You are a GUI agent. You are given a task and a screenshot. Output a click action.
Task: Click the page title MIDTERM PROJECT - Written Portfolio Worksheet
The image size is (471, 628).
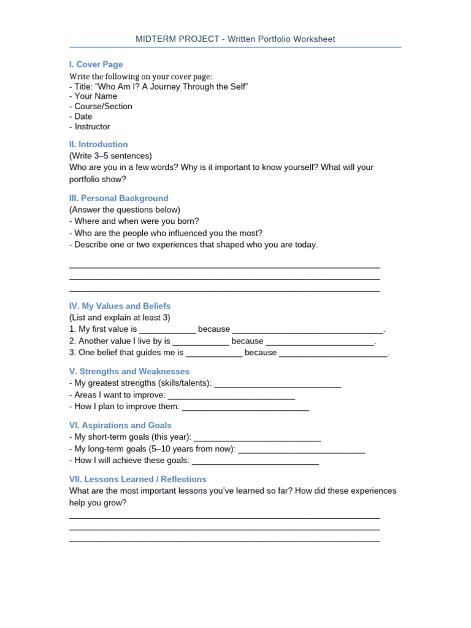click(235, 39)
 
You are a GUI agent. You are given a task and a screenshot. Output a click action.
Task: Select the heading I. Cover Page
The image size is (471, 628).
click(96, 64)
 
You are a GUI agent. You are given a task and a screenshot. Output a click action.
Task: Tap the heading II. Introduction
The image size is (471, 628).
click(98, 145)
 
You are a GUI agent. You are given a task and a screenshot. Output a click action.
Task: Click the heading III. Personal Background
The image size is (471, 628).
click(118, 199)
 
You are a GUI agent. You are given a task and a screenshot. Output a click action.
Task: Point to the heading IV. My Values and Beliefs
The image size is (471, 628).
click(120, 306)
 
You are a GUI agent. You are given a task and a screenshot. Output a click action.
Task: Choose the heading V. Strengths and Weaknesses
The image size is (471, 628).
click(129, 372)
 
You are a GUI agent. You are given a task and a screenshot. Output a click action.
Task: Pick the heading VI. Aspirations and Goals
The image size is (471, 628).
click(120, 426)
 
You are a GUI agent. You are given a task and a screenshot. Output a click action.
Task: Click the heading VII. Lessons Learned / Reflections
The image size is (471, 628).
click(137, 480)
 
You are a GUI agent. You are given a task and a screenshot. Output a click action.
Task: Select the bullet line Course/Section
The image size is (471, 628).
click(101, 107)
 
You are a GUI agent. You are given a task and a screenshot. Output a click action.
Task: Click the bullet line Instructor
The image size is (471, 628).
click(90, 127)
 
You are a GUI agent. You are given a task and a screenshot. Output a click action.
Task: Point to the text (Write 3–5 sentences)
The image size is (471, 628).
click(110, 156)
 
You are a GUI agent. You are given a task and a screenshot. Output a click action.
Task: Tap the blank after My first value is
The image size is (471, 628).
click(167, 330)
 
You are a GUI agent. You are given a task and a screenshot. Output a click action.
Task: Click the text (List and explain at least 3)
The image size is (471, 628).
click(120, 318)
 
